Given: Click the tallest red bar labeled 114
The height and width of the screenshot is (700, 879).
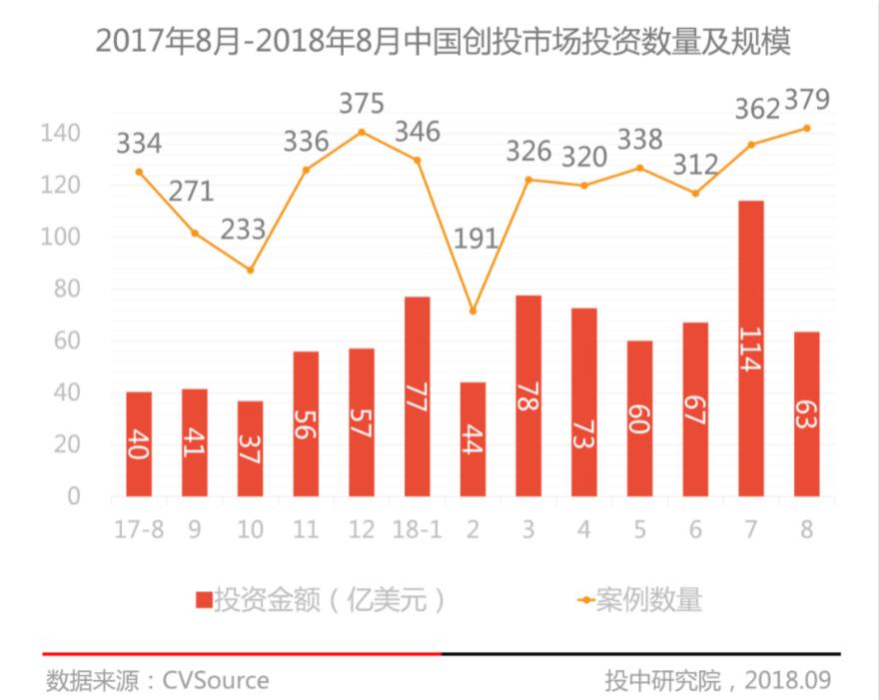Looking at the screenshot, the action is coord(751,349).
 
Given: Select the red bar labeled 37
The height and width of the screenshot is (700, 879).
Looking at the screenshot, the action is coord(250,448).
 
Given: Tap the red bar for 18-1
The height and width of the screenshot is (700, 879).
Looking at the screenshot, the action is coord(418,396).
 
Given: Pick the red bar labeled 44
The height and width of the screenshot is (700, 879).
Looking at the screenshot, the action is coord(472,438).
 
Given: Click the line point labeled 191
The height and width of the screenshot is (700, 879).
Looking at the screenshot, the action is coord(472,311).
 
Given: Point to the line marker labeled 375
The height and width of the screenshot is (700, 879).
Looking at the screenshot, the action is coord(362,132).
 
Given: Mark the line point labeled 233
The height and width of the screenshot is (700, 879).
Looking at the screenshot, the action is coord(250,271).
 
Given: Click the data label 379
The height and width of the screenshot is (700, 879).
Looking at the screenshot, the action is coord(807,100).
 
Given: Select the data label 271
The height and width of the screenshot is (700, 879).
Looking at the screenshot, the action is coord(191,192).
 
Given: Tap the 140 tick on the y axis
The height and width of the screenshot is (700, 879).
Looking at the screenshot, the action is coord(61,133).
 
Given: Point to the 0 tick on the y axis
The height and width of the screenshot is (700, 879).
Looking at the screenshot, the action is coord(74,496).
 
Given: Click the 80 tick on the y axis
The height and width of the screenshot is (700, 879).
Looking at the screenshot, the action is coord(67,289).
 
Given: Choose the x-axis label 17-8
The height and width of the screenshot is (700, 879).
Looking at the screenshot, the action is coord(139,529).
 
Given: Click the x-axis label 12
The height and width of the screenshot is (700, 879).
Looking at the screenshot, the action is coord(362,529).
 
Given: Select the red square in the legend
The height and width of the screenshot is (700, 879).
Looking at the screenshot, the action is coord(204,600).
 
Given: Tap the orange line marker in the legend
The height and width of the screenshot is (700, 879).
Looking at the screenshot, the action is coord(585,600).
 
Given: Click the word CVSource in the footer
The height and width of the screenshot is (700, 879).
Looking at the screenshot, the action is coord(216,680).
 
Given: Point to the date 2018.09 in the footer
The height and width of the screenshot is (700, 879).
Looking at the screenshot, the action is coord(788,680).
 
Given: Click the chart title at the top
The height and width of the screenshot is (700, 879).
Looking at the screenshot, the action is coord(442,42).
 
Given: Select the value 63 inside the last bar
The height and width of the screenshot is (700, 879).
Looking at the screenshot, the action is coord(806,414).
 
